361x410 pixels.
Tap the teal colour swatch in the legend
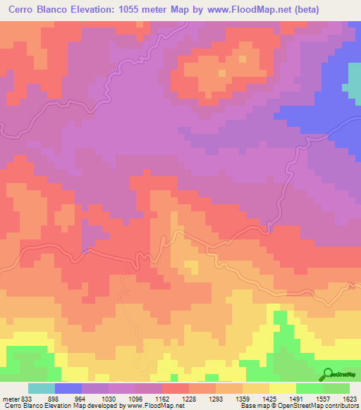(x=42, y=388)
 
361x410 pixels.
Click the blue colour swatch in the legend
(x=68, y=388)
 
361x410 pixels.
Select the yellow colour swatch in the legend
(x=283, y=388)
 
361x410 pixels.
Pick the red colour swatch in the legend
(x=176, y=388)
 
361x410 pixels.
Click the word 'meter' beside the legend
(x=8, y=398)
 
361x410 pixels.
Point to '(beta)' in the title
(x=299, y=10)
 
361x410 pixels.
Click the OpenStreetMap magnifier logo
(x=328, y=373)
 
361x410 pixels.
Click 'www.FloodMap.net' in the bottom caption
(x=154, y=406)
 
